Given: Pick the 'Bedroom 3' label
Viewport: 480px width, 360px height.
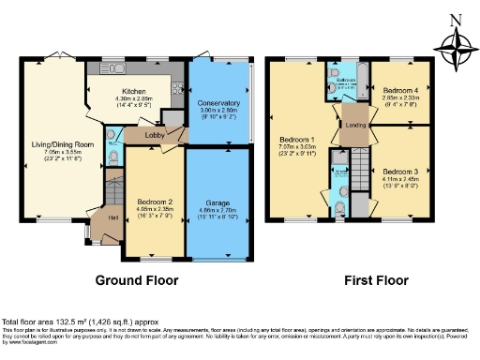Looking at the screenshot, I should click(x=400, y=172).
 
